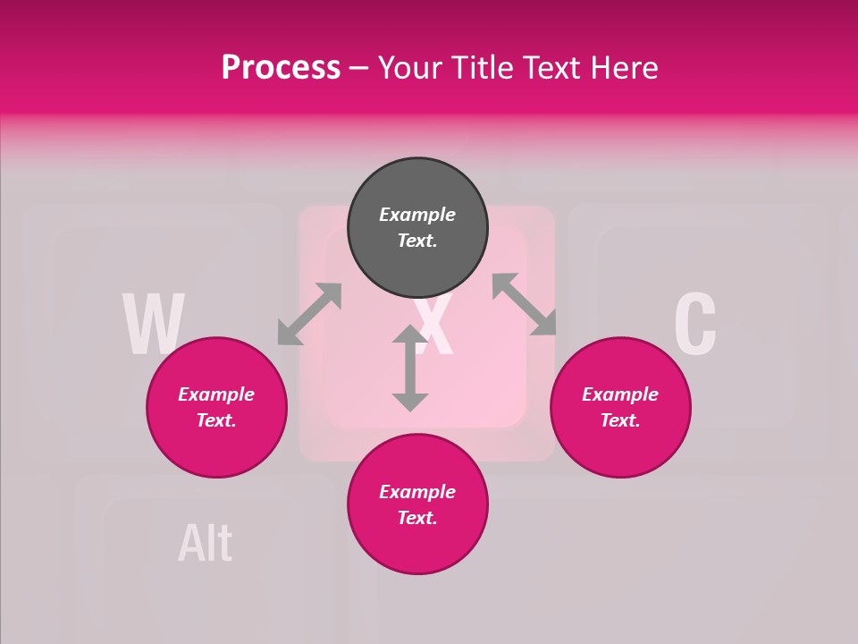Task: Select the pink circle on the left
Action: [x=216, y=407]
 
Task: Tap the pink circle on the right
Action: [x=620, y=407]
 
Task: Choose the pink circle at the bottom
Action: [x=417, y=504]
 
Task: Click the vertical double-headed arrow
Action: [x=410, y=368]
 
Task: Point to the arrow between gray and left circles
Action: [x=309, y=314]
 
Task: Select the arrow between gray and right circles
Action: [x=525, y=305]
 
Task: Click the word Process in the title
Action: [x=281, y=68]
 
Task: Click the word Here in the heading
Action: [x=624, y=68]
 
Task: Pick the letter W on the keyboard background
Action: [x=154, y=325]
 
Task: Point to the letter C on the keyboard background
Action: [x=694, y=323]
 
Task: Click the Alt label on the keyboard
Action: [x=206, y=543]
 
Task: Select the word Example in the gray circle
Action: [x=417, y=215]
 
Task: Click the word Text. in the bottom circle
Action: [x=417, y=518]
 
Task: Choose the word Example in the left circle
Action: [x=216, y=394]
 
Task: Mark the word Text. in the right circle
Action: [x=620, y=420]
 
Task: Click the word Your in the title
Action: [x=408, y=68]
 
